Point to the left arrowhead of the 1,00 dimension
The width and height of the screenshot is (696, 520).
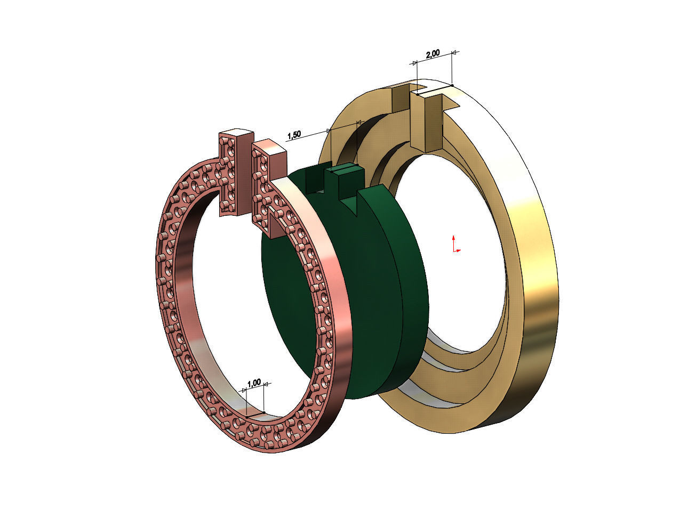[x=245, y=390]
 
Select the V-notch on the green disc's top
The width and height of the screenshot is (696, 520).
[x=356, y=202]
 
